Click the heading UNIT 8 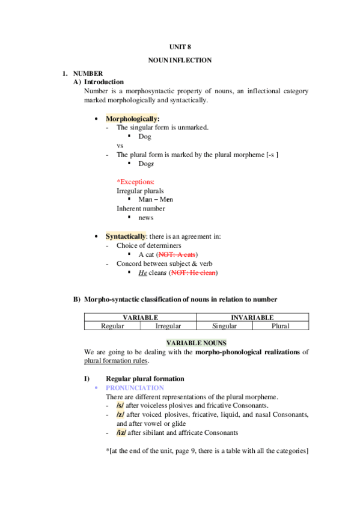[180, 46]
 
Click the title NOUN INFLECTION [180, 60]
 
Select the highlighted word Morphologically [132, 118]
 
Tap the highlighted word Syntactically [126, 236]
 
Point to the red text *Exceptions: [135, 181]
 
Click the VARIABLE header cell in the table [140, 317]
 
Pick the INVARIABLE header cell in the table [252, 317]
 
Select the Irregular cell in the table [168, 325]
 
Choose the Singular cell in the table [224, 325]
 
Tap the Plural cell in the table [280, 325]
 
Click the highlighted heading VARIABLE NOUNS [180, 342]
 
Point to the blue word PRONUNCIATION [135, 388]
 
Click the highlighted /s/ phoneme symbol [120, 406]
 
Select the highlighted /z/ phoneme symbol [120, 415]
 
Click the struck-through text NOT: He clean [193, 272]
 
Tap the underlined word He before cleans [142, 272]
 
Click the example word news [145, 218]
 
